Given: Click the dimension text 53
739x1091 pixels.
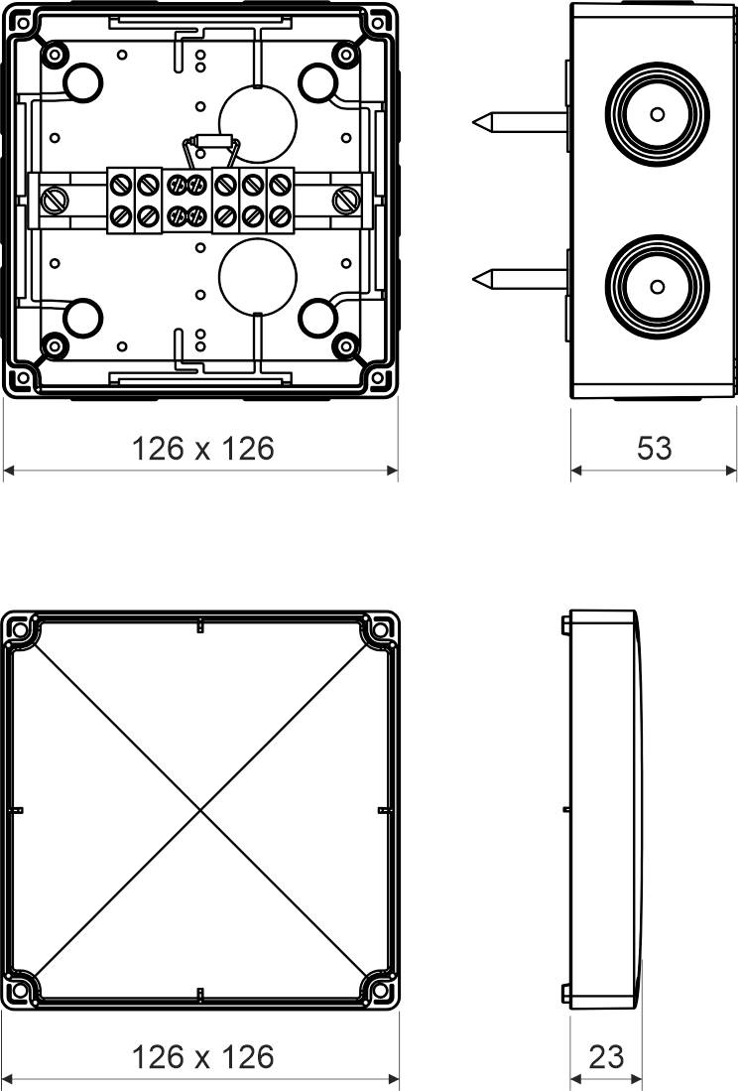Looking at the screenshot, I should [x=654, y=448].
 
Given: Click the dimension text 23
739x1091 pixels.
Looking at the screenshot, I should [x=606, y=1056].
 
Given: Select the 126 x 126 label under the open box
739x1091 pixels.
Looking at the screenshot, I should [x=202, y=449].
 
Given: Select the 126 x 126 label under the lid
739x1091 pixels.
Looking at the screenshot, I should [x=202, y=1056].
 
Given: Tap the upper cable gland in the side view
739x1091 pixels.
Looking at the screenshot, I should [x=657, y=114].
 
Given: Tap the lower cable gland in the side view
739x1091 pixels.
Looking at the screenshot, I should [x=657, y=286].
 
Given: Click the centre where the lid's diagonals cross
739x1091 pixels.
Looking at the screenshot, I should [x=200, y=810].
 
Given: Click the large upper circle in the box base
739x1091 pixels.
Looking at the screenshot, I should [x=257, y=122].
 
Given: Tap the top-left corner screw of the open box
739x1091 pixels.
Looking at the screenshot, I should [x=55, y=55].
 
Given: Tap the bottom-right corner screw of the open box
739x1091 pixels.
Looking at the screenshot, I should [x=345, y=345].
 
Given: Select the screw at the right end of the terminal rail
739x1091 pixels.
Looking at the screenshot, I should [x=346, y=200].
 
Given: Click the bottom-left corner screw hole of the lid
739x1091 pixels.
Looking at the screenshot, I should [x=20, y=991].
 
